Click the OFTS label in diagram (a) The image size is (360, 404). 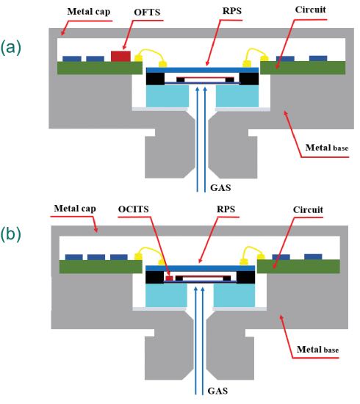tap(147, 12)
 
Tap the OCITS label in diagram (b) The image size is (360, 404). tap(133, 209)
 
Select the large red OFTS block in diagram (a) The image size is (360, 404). tap(121, 56)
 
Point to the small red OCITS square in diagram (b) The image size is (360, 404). tap(169, 278)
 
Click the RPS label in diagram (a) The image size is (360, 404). tap(232, 11)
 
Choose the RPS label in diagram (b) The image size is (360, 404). tap(226, 209)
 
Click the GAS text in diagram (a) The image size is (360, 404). tap(220, 187)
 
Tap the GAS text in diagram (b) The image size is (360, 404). tap(217, 391)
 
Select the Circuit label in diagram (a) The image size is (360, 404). tap(310, 10)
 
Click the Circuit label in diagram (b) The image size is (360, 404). tap(308, 210)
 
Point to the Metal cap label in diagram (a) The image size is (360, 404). tap(89, 12)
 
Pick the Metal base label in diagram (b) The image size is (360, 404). tap(317, 350)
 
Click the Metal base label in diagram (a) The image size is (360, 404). tap(327, 148)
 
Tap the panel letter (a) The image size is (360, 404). tap(10, 48)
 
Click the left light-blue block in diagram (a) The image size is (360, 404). tap(168, 96)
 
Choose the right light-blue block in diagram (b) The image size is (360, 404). tap(234, 295)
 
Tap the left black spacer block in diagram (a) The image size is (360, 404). tap(155, 79)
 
